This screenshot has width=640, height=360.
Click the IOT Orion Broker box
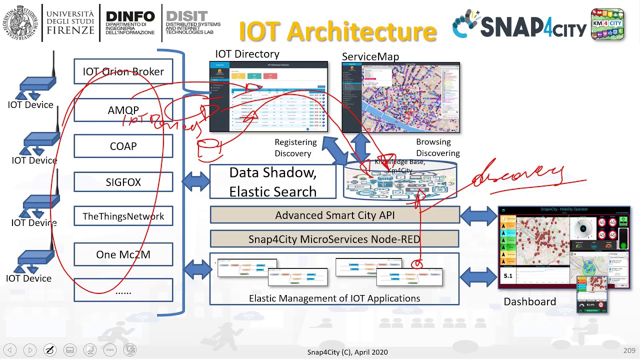tap(123, 71)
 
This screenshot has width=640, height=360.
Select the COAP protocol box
tap(123, 146)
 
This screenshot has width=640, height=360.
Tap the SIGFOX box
tap(123, 182)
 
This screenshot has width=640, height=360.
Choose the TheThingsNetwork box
tap(123, 216)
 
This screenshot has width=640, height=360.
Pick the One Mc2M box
tap(123, 254)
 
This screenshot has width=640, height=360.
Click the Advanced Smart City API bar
tap(334, 215)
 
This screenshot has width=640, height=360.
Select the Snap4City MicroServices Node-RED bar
tap(334, 239)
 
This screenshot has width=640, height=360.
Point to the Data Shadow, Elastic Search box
tap(273, 182)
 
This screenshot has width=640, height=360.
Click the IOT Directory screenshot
tap(268, 96)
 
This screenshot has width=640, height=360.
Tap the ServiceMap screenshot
tap(400, 97)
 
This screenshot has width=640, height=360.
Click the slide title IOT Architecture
tap(337, 31)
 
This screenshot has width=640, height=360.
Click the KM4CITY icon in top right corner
tap(607, 24)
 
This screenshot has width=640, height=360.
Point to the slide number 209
tap(629, 351)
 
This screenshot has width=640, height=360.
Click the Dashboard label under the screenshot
tap(529, 301)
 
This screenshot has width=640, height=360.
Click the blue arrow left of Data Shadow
tap(195, 182)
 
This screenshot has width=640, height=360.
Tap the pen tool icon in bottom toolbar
tap(50, 350)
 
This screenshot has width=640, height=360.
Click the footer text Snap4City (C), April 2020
tap(347, 352)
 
